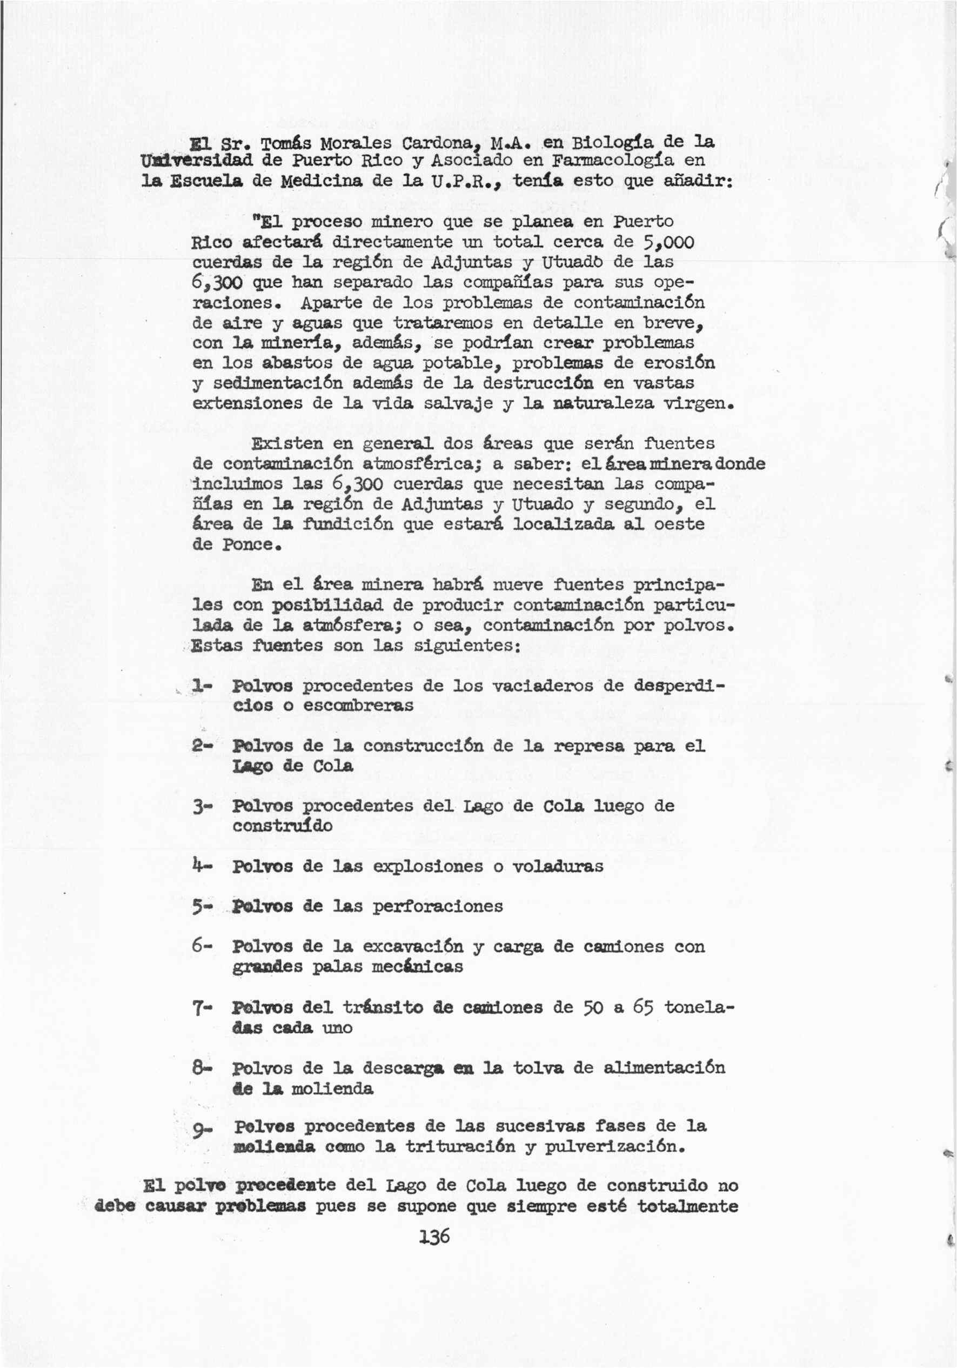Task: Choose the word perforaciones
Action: click(438, 906)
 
